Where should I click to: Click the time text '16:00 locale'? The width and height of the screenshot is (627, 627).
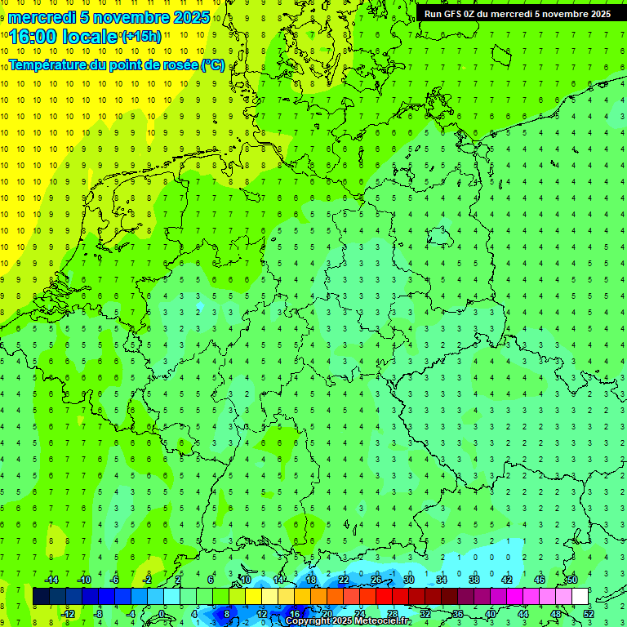(x=63, y=37)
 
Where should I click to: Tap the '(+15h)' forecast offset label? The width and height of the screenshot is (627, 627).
(x=141, y=36)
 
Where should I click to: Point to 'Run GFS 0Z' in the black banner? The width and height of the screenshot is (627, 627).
(x=451, y=14)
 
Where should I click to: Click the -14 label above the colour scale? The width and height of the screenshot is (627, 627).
(x=51, y=580)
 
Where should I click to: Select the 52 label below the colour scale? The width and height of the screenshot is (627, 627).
(x=589, y=613)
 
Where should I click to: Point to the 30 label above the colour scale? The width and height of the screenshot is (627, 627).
(x=408, y=580)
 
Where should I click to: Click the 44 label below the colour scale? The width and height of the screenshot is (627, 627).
(x=523, y=613)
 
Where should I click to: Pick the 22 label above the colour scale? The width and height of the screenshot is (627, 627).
(x=344, y=580)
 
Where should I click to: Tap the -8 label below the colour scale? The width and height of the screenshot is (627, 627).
(x=98, y=613)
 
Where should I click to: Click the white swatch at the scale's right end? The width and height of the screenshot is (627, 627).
(x=580, y=597)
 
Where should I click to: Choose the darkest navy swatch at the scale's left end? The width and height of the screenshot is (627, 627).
(x=41, y=597)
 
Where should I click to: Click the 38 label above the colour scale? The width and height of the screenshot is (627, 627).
(x=474, y=580)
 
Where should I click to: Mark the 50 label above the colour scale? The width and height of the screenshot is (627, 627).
(x=571, y=580)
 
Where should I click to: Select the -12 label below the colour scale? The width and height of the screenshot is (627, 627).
(x=68, y=613)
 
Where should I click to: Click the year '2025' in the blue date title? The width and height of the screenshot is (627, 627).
(x=187, y=17)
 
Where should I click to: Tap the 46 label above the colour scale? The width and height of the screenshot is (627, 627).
(x=539, y=580)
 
